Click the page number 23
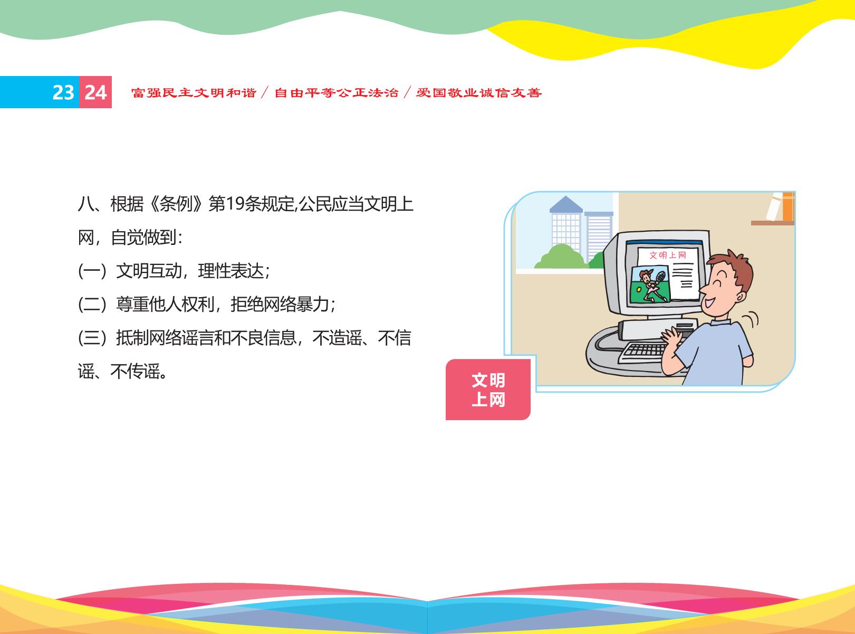[x=63, y=92]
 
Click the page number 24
[x=95, y=92]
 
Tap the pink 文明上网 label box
[x=488, y=390]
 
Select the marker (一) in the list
[x=92, y=271]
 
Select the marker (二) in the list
[x=92, y=305]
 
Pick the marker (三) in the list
[x=92, y=338]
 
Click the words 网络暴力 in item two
[x=296, y=305]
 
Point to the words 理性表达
[x=231, y=271]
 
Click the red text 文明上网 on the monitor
[x=668, y=255]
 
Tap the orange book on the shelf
[x=788, y=207]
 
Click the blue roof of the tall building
[x=565, y=204]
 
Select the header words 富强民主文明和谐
[x=194, y=92]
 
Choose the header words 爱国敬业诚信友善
[x=479, y=92]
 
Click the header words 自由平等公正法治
[x=337, y=92]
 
